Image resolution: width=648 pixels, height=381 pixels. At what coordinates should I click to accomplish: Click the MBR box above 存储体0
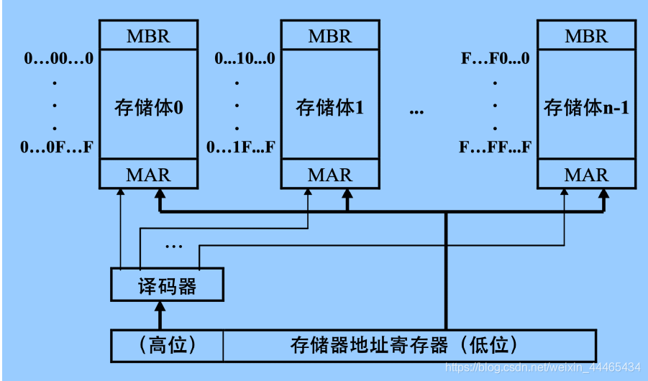[x=149, y=35]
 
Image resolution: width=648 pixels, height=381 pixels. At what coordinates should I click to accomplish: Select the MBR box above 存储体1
[x=330, y=35]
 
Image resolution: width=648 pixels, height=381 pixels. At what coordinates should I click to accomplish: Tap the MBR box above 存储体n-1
[x=586, y=35]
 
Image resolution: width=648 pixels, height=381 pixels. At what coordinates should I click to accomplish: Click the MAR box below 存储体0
[x=149, y=175]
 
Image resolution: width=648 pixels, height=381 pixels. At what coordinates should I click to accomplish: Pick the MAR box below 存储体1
[x=330, y=175]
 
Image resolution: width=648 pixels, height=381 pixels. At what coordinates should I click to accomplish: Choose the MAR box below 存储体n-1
[x=586, y=175]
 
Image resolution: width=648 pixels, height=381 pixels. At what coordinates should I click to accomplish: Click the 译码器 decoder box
[x=167, y=286]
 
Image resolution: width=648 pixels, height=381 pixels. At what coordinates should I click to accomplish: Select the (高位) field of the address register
[x=166, y=345]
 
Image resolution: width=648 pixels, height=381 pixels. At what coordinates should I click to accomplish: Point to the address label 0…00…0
[x=59, y=59]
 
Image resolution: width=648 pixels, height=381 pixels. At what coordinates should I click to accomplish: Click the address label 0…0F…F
[x=58, y=148]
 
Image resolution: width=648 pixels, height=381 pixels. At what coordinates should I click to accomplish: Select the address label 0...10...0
[x=245, y=59]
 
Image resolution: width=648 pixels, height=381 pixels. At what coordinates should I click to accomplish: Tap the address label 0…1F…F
[x=241, y=148]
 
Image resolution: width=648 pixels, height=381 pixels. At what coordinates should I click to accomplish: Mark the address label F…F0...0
[x=495, y=59]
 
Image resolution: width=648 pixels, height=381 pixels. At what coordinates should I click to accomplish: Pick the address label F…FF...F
[x=495, y=148]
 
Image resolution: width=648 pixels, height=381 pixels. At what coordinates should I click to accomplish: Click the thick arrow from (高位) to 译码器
[x=160, y=316]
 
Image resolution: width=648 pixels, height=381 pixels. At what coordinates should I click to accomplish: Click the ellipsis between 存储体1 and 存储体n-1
[x=416, y=111]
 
